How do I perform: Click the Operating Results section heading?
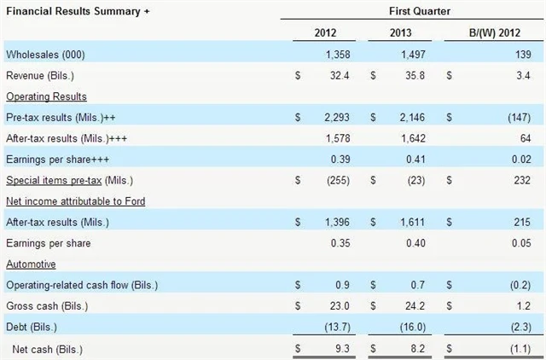point(46,96)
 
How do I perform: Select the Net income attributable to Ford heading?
point(75,200)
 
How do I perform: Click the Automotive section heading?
point(32,264)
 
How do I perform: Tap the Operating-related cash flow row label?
point(82,284)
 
